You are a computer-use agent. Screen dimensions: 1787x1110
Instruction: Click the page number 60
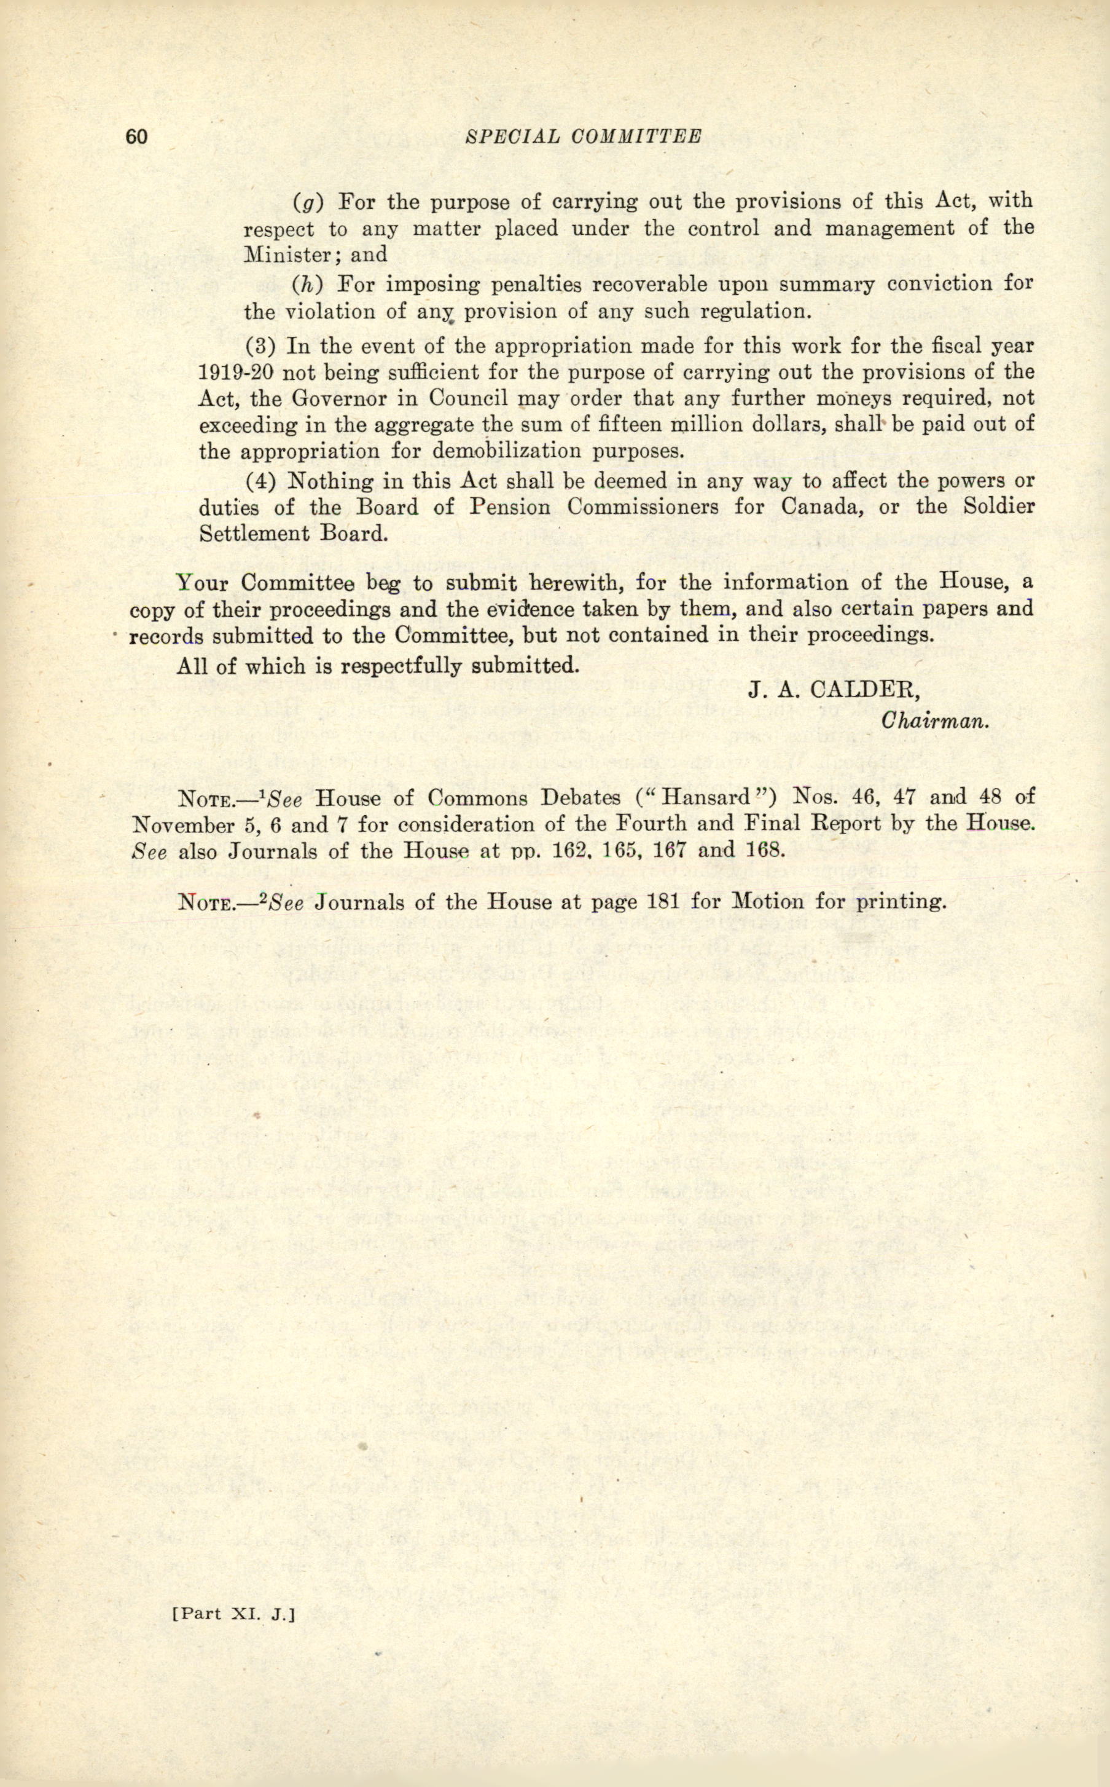pyautogui.click(x=137, y=137)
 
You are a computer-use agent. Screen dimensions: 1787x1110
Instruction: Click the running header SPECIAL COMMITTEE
pyautogui.click(x=584, y=136)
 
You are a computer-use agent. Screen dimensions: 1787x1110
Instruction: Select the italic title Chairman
pyautogui.click(x=936, y=720)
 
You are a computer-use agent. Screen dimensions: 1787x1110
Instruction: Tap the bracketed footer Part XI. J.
pyautogui.click(x=233, y=1630)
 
